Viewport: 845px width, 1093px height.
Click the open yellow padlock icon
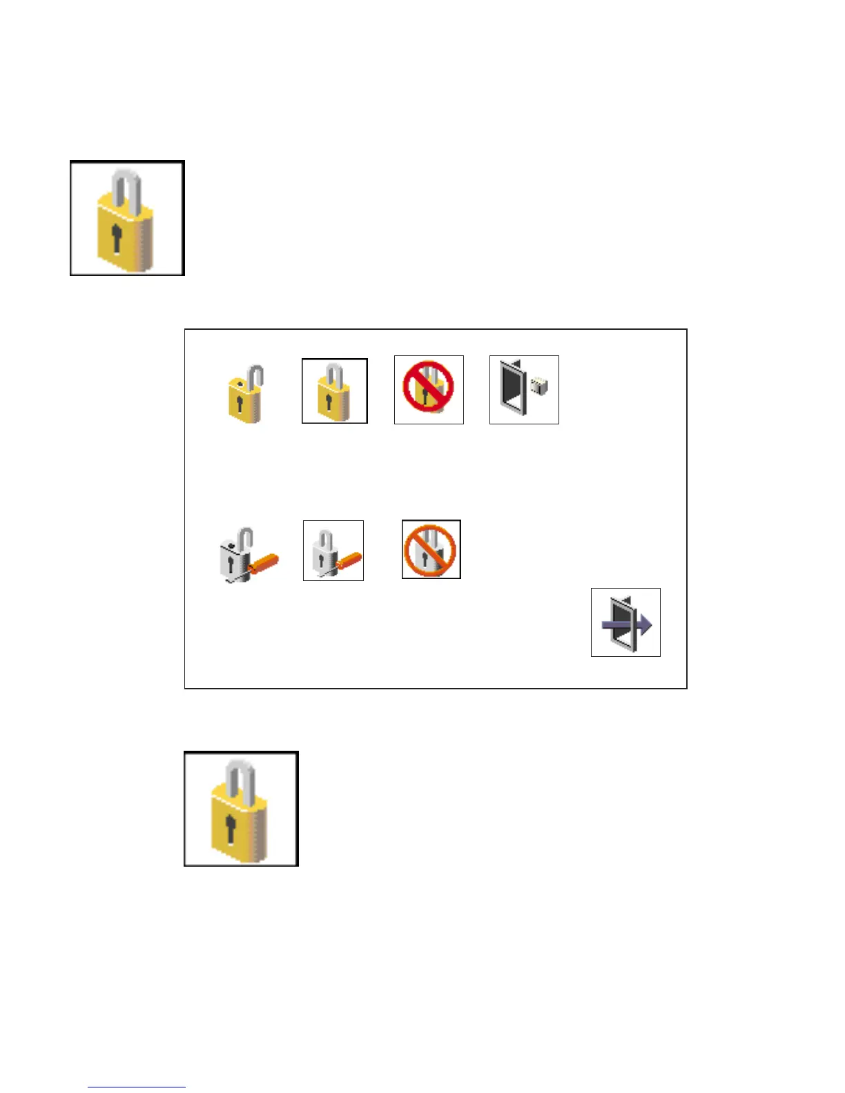tap(246, 394)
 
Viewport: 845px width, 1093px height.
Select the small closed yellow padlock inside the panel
tap(335, 391)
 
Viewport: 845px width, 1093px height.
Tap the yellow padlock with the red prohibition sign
tap(429, 390)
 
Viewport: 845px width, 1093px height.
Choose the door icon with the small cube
tap(524, 390)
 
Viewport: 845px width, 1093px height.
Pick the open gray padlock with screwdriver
tap(246, 555)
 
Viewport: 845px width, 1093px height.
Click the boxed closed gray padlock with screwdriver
tap(333, 551)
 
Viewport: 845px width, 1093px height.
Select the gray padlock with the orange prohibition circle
tap(431, 549)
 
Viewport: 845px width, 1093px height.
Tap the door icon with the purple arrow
tap(625, 622)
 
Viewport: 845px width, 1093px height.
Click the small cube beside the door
tap(539, 386)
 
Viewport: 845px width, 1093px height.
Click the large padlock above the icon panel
tap(127, 218)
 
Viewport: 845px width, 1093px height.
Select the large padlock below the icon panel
tap(241, 809)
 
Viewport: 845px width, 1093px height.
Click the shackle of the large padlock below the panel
tap(241, 776)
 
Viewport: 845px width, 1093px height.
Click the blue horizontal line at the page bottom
tap(137, 1087)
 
